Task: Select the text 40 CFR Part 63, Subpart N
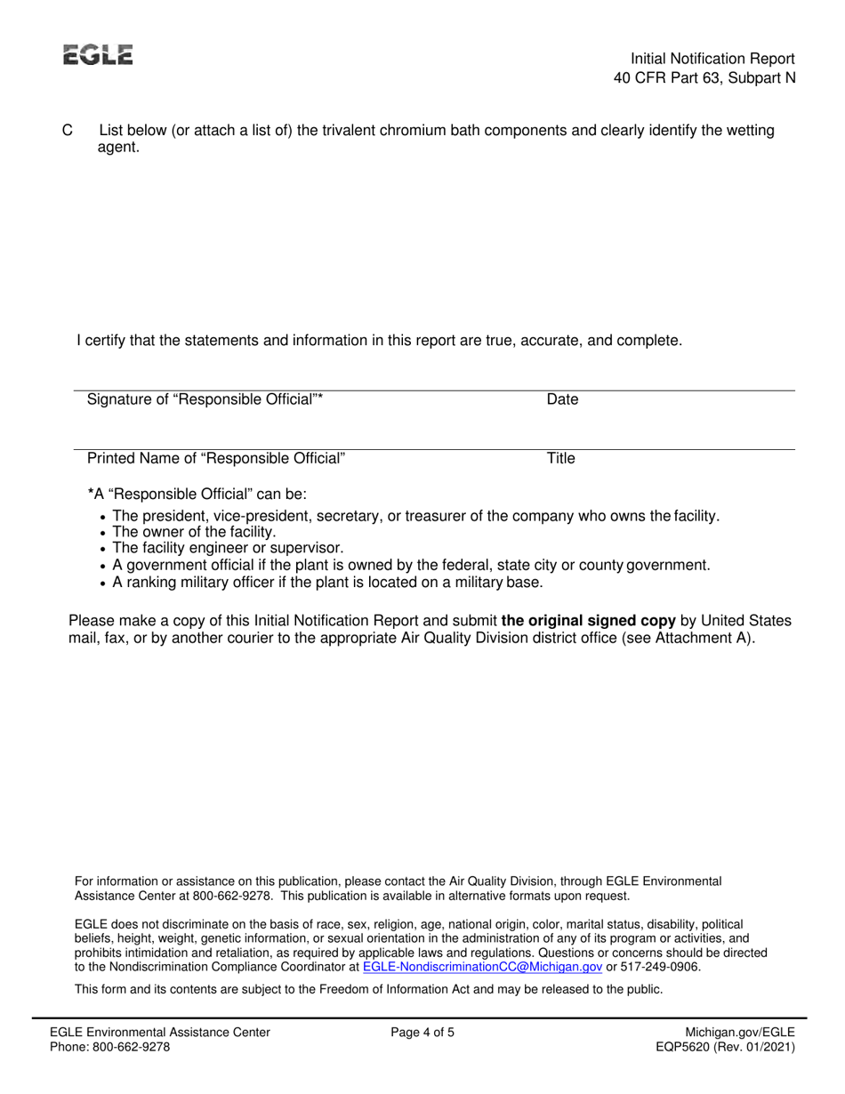click(704, 77)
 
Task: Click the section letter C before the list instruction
click(67, 131)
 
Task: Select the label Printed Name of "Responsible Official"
click(216, 459)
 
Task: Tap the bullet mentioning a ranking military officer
click(327, 583)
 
